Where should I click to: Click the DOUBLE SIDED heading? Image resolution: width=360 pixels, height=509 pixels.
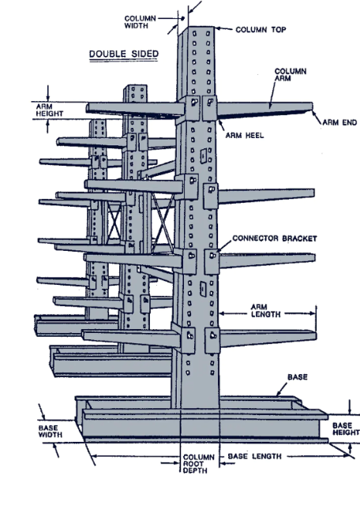click(x=123, y=54)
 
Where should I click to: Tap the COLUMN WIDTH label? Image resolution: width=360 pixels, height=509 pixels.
click(x=141, y=21)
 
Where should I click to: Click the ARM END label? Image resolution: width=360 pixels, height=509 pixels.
click(x=339, y=122)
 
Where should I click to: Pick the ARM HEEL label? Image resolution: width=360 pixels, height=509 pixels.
click(x=243, y=135)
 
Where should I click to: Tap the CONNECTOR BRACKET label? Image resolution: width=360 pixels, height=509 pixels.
click(x=263, y=238)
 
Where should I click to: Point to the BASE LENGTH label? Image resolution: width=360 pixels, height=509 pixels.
click(x=257, y=456)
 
